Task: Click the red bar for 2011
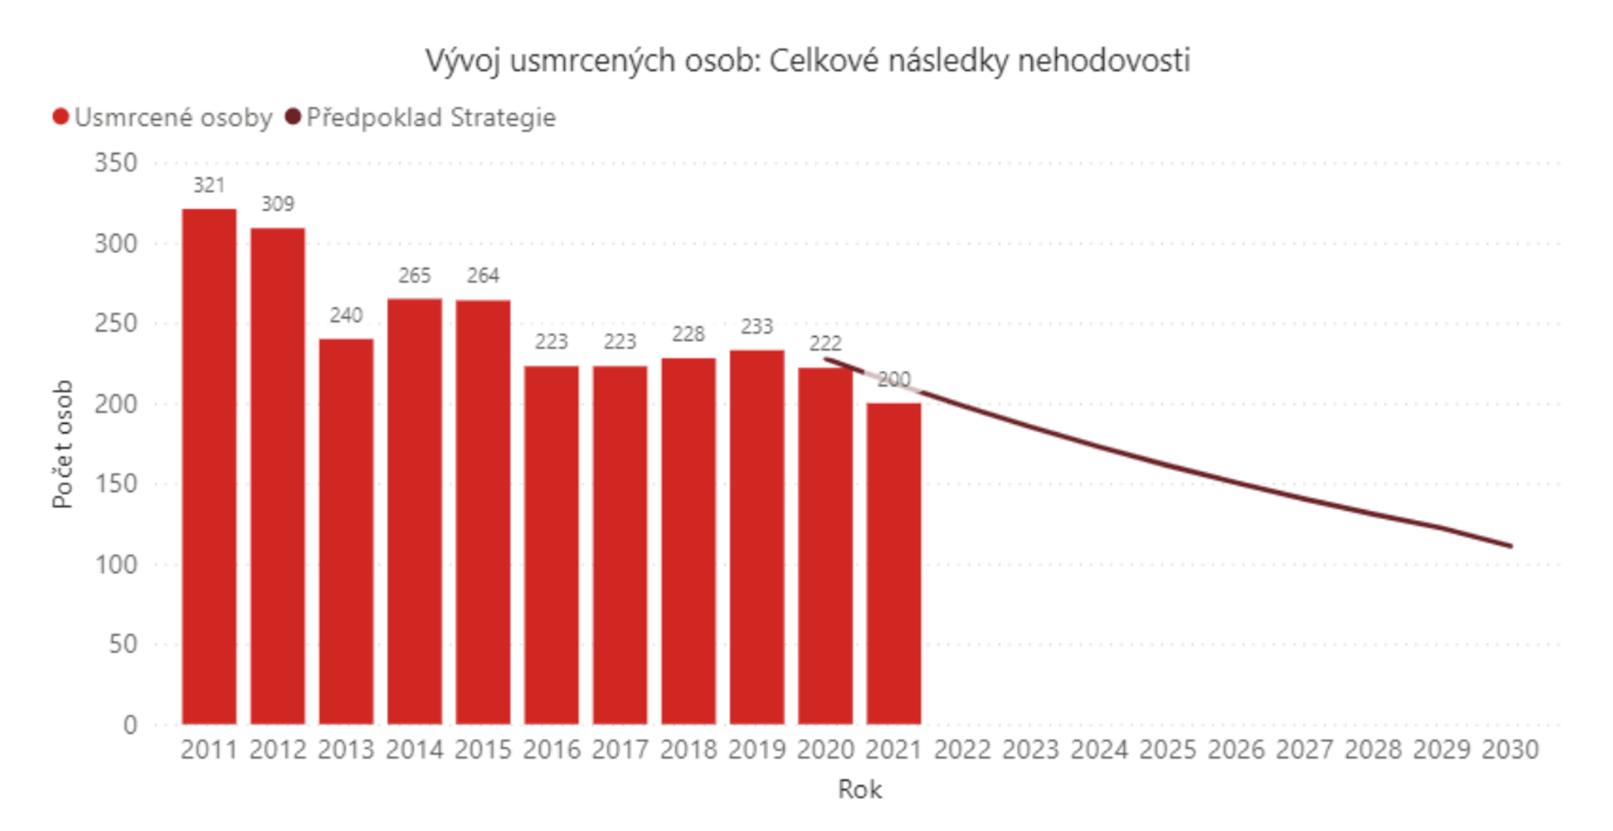click(x=209, y=466)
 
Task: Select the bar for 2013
click(x=346, y=531)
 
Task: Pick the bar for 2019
click(x=757, y=537)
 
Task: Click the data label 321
click(x=209, y=185)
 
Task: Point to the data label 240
click(x=346, y=315)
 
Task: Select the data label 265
click(x=414, y=275)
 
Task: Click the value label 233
click(x=757, y=326)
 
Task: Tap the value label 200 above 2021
click(x=894, y=380)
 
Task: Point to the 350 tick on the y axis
click(x=116, y=163)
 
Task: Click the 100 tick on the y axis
click(x=116, y=564)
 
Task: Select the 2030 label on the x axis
click(x=1510, y=750)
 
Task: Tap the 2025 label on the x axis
click(x=1167, y=750)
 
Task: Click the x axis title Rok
click(x=860, y=789)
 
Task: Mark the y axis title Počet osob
click(x=63, y=444)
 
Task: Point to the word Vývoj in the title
click(x=463, y=61)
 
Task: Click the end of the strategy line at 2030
click(x=1510, y=545)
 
